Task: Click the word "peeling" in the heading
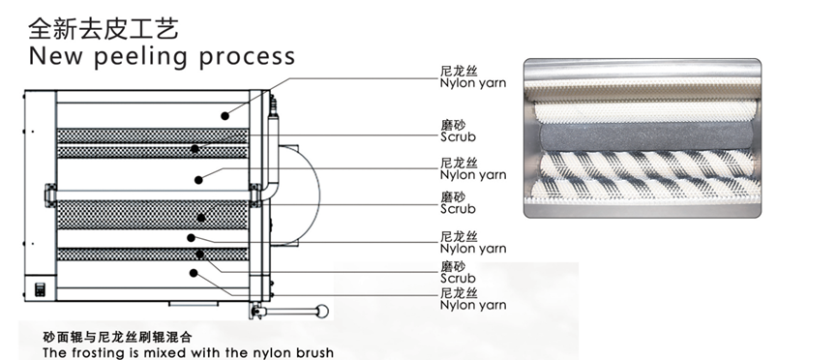141,57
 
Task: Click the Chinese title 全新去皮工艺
103,28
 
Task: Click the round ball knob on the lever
322,311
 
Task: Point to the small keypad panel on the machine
40,289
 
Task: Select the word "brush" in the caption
317,352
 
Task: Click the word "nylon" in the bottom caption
280,353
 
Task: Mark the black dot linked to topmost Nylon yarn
225,116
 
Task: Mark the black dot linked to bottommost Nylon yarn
194,273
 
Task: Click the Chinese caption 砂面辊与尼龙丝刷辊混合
117,337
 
